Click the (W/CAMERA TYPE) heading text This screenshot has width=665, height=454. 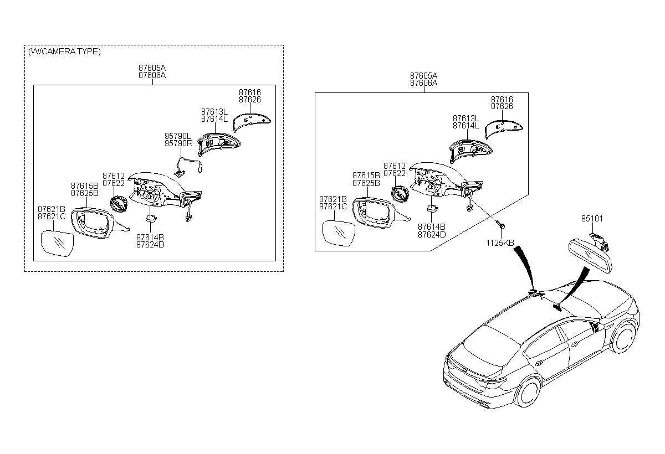[64, 51]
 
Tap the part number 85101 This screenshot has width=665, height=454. [592, 219]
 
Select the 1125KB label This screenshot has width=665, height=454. [500, 243]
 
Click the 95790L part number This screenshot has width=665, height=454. [178, 136]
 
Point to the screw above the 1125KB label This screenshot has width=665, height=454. [502, 226]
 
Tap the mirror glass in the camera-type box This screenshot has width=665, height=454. [57, 244]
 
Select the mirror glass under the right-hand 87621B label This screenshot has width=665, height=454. [339, 233]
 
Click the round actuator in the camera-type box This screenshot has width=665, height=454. [119, 204]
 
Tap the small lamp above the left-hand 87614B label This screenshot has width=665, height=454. [151, 218]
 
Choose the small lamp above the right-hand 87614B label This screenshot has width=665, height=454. [432, 209]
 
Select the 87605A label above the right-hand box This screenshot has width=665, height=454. [423, 76]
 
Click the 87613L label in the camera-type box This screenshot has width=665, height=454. [214, 112]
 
